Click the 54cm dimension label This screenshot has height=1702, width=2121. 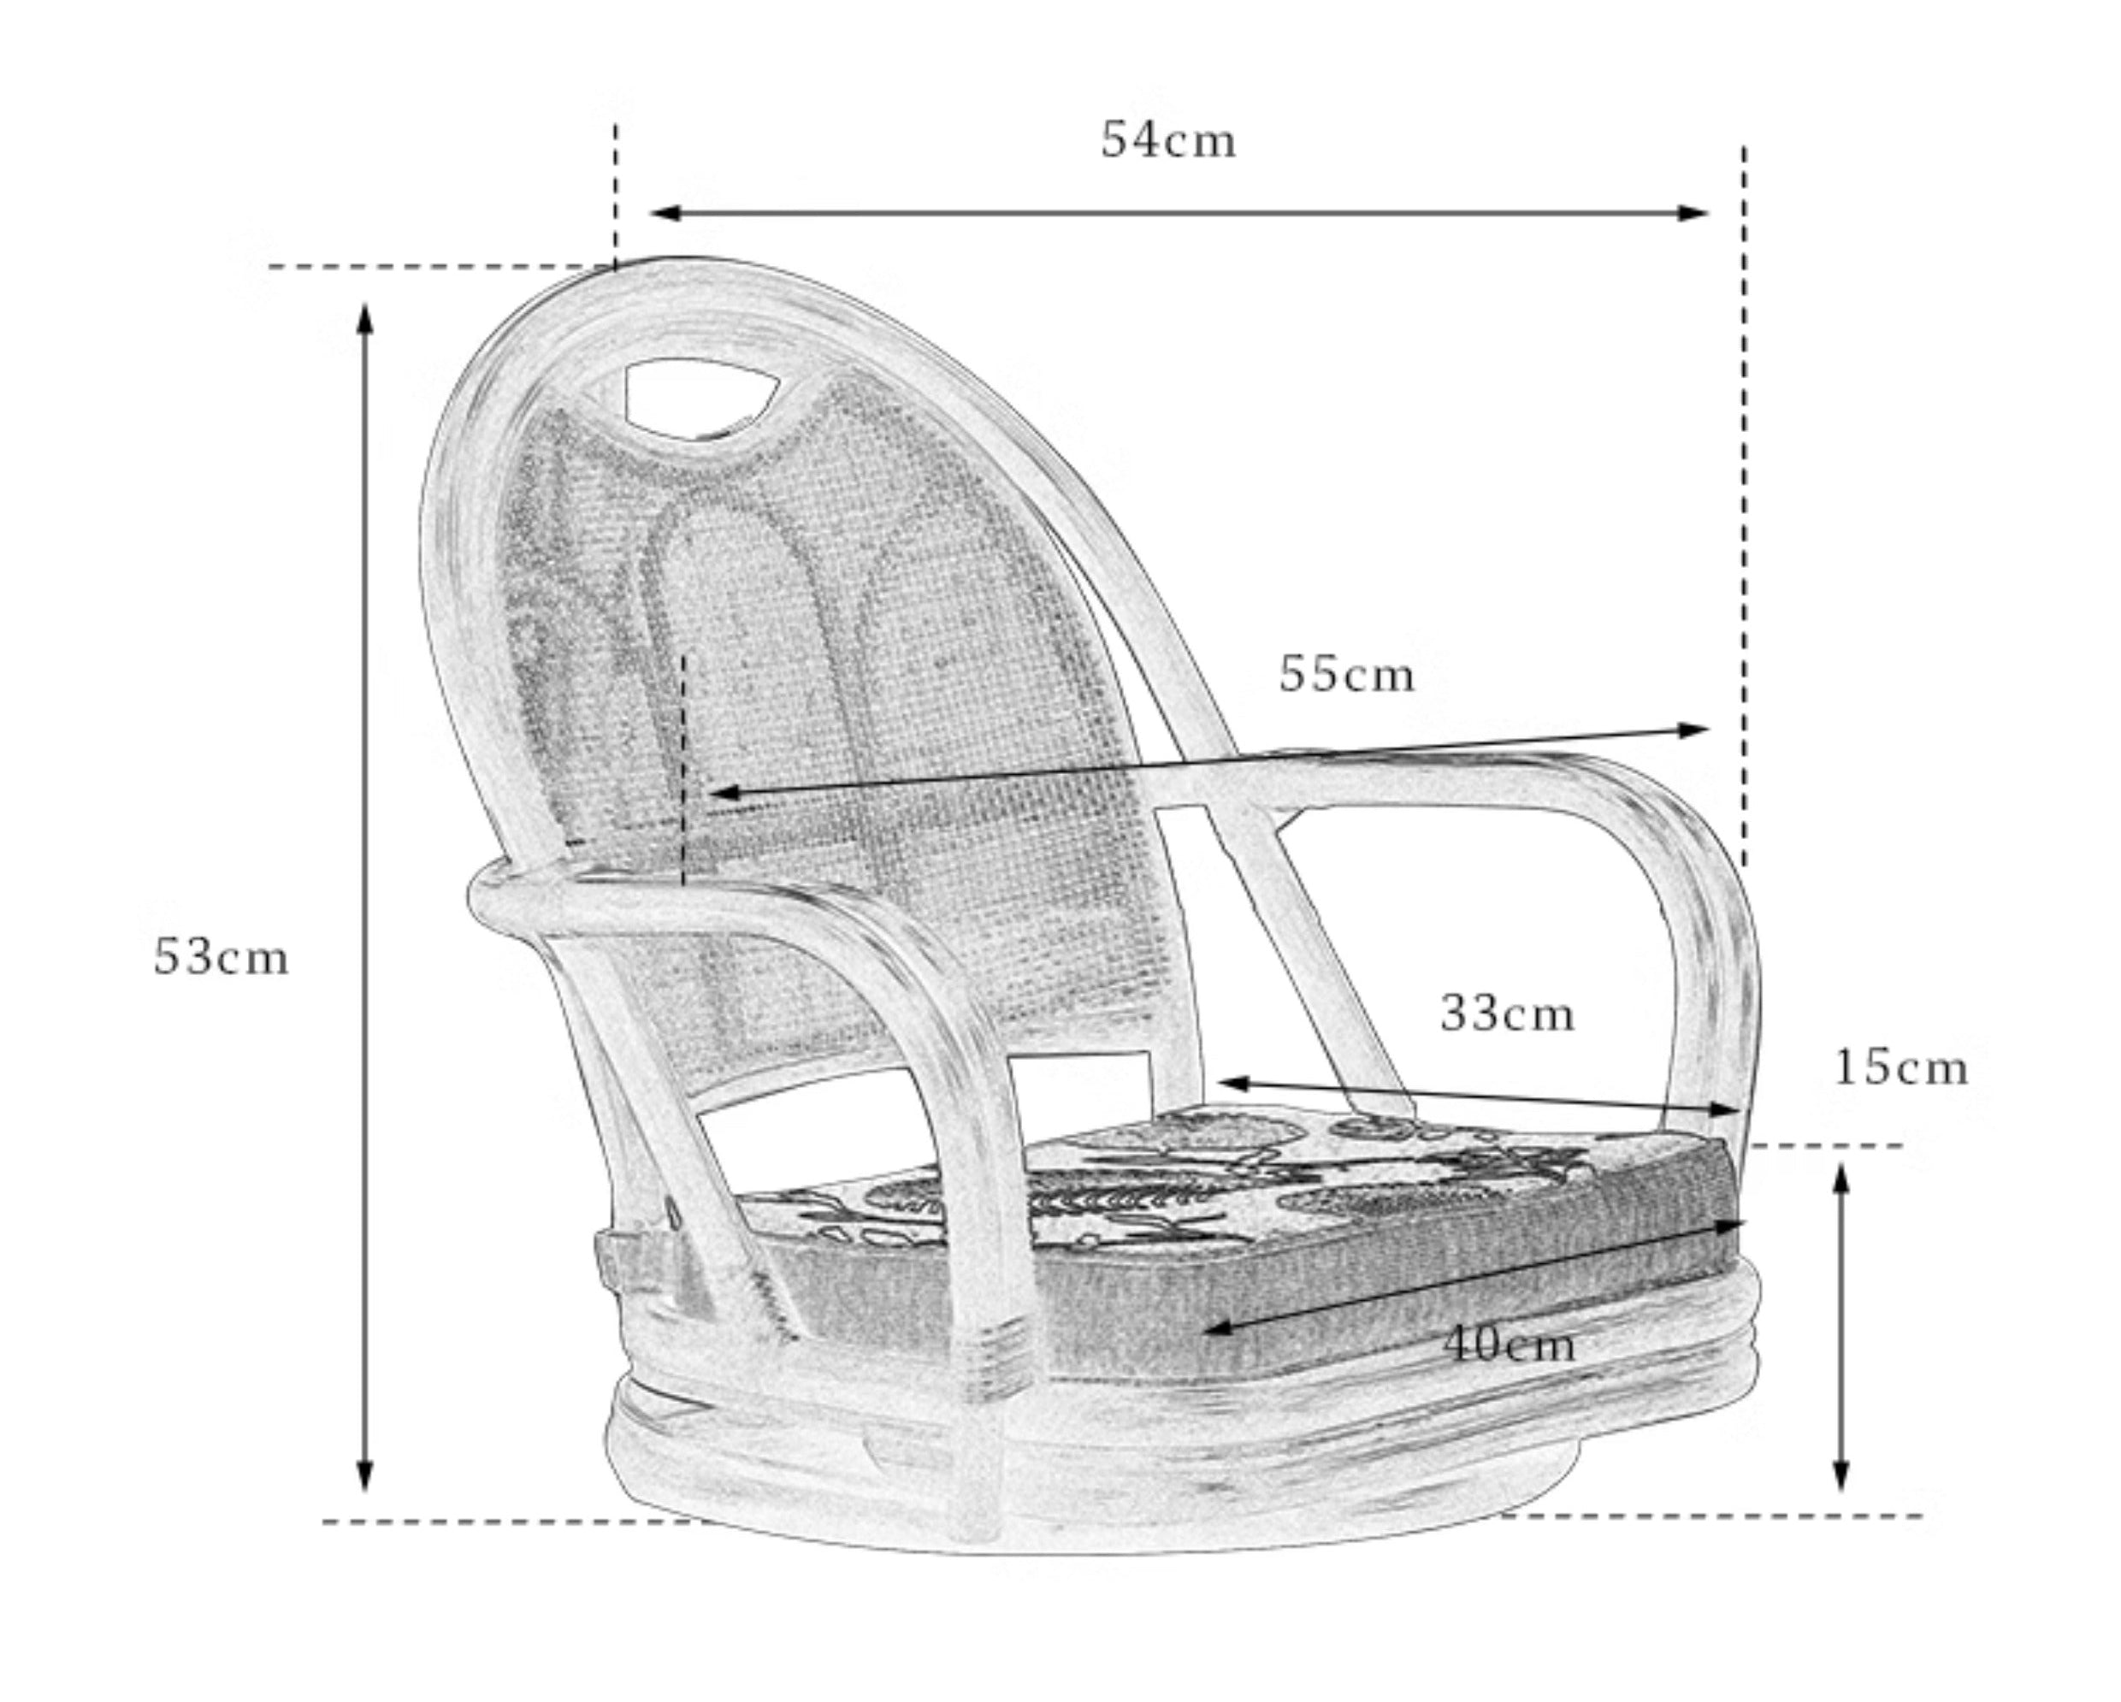[x=1167, y=139]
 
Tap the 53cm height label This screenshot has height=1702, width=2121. [x=222, y=957]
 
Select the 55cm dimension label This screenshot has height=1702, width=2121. [x=1347, y=675]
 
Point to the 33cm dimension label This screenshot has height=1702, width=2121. [x=1507, y=1014]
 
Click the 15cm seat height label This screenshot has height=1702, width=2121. [x=1900, y=1068]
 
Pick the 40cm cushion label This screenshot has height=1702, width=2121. [x=1510, y=1344]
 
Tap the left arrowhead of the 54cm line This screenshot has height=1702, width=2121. [x=667, y=212]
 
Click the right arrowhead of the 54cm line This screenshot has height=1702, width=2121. [x=1692, y=212]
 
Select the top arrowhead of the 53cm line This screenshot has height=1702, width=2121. [x=365, y=322]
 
